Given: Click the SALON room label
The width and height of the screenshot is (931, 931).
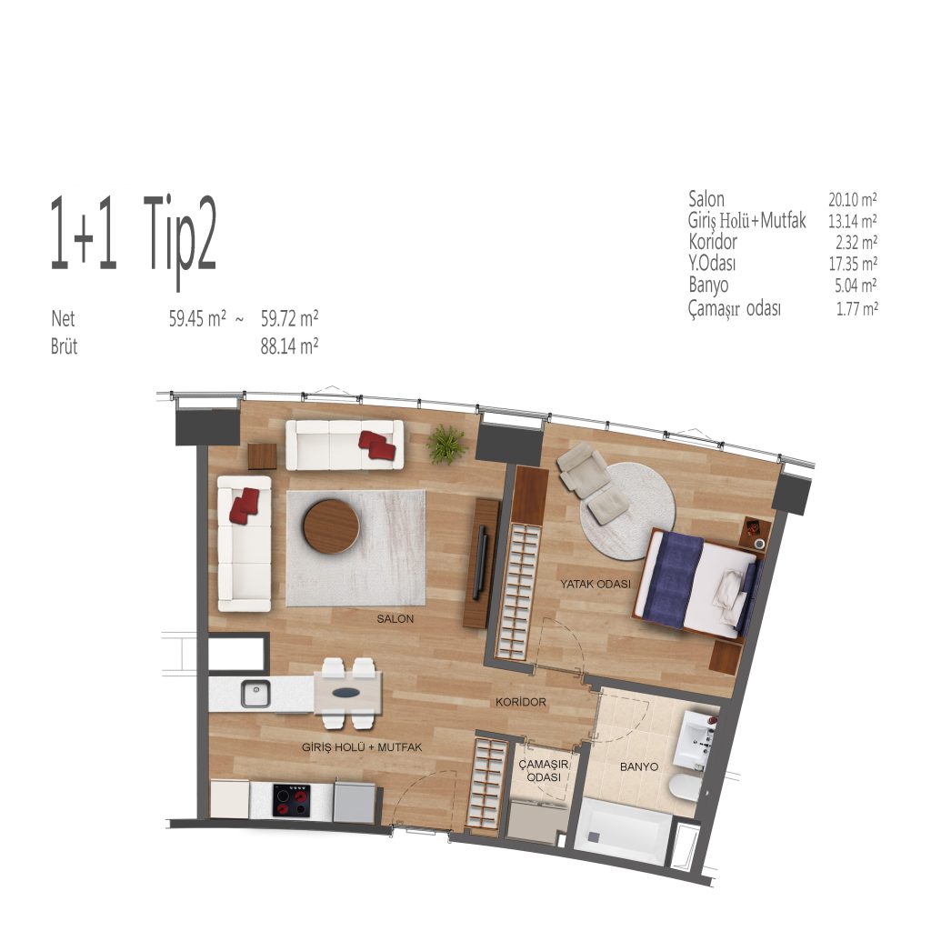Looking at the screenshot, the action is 395,618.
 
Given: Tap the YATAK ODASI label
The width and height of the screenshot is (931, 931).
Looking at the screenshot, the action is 596,585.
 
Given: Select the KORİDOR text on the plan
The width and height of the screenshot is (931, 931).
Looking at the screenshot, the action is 521,703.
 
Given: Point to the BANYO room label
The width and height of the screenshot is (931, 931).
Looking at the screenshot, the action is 639,766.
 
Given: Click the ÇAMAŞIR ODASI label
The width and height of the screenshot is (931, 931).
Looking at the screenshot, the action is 544,771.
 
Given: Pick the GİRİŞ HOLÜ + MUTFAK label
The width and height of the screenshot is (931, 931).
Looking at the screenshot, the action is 362,747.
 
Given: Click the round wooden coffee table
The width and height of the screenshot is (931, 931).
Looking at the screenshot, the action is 331,526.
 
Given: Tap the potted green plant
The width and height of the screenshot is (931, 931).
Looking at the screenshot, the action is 446,444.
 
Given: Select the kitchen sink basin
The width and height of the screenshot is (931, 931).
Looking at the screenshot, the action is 255,694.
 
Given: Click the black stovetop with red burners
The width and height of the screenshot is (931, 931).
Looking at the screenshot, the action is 292,800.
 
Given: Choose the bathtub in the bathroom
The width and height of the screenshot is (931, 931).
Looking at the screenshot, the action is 623,831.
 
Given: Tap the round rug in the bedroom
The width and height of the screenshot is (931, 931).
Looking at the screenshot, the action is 627,511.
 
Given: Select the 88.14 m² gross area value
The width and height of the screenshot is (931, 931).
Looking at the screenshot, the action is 289,346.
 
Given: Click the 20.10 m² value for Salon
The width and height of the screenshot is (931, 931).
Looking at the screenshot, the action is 853,199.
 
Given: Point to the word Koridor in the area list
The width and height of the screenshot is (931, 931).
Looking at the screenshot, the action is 713,242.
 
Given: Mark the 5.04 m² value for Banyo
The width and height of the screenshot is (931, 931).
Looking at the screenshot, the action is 856,285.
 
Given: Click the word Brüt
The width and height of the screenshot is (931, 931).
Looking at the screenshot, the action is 65,346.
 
